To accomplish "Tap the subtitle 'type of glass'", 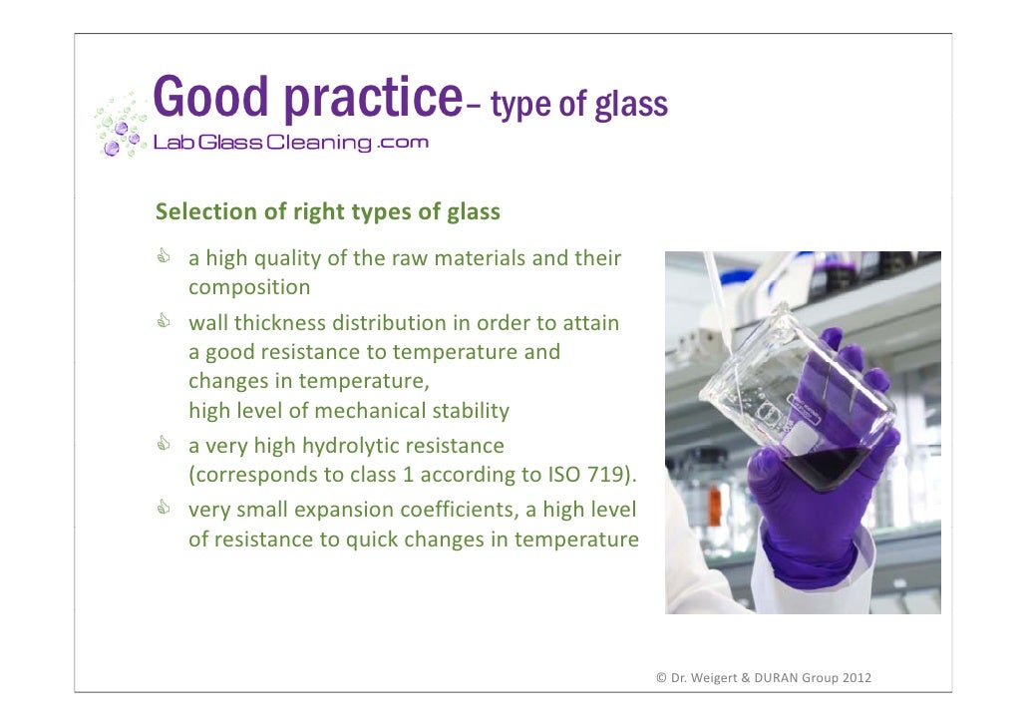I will pos(579,104).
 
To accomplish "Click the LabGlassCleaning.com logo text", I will pos(290,143).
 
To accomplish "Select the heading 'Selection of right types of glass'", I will pos(327,212).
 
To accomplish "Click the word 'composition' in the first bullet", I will pos(249,288).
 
